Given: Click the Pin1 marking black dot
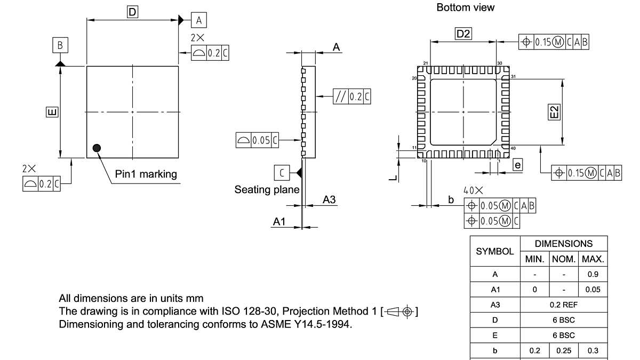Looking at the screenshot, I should tap(97, 148).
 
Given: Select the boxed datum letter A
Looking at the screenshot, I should tap(199, 20).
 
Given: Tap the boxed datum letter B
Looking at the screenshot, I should tap(60, 45).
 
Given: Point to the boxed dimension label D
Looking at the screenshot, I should tap(132, 11).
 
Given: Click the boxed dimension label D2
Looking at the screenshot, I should tap(463, 34).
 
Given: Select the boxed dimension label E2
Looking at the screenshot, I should tap(555, 112).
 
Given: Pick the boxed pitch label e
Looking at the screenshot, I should tap(517, 165).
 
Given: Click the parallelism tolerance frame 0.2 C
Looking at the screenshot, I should tap(351, 97).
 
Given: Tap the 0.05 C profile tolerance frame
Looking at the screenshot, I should tap(257, 140).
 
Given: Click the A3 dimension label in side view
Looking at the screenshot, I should tap(330, 199).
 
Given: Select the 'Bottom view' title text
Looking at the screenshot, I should tap(465, 7).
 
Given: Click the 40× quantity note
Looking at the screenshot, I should tap(473, 190).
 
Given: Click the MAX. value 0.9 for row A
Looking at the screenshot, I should tap(592, 275).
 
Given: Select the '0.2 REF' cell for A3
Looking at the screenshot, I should tap(563, 305).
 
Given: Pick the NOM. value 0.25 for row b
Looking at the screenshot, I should tap(563, 350).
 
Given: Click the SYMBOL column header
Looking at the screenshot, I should tap(494, 251).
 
